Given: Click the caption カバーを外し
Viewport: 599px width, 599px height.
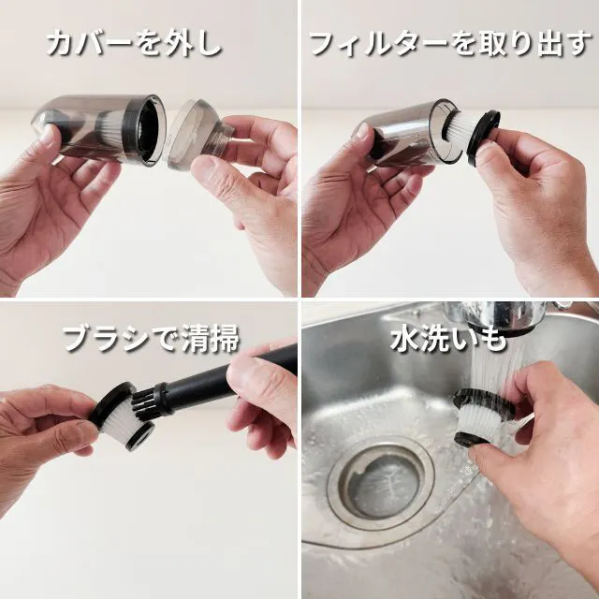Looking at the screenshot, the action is click(x=134, y=44).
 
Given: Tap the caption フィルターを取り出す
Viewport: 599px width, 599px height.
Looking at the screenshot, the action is click(x=450, y=44).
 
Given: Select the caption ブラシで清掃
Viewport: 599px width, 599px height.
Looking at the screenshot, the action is click(x=152, y=339).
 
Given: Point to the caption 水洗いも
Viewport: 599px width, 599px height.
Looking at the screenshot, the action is click(x=448, y=339).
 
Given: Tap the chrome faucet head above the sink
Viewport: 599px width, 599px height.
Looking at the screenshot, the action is click(x=497, y=318).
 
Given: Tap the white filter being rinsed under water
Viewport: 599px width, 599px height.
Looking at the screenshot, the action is click(x=482, y=416).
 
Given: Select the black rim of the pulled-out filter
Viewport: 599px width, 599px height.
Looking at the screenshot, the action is click(x=483, y=137).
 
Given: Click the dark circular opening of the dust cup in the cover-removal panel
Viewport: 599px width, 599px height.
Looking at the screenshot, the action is click(x=149, y=129).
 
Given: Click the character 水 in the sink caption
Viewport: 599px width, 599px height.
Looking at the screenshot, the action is click(x=405, y=339).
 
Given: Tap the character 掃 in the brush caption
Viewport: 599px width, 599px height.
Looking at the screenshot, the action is click(x=226, y=339).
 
